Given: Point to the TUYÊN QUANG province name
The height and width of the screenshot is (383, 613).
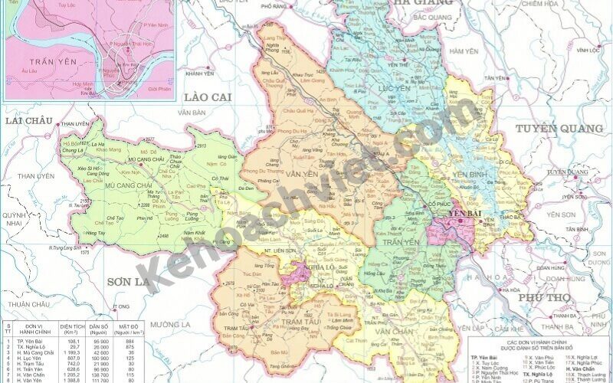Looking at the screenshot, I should coord(557,128).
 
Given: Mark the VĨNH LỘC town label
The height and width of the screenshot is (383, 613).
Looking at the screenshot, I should coord(588,51).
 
